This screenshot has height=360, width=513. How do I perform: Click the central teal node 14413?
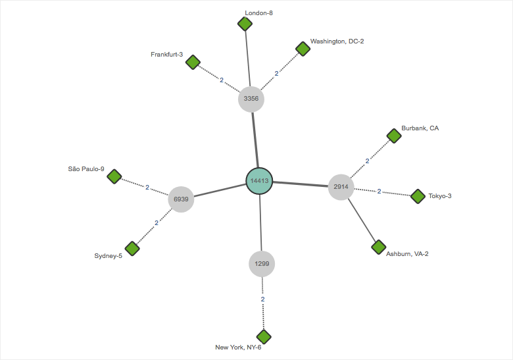click(x=259, y=181)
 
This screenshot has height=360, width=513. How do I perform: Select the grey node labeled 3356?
click(x=251, y=99)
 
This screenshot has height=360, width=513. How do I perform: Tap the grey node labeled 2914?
click(x=341, y=187)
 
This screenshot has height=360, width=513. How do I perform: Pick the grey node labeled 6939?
click(x=181, y=199)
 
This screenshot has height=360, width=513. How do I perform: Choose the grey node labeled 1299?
click(x=262, y=264)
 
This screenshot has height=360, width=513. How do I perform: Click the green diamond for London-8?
click(x=245, y=24)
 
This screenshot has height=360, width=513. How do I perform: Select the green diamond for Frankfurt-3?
click(x=193, y=63)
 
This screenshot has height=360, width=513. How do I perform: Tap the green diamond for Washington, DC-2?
click(x=303, y=49)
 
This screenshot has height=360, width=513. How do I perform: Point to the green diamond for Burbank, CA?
click(x=394, y=136)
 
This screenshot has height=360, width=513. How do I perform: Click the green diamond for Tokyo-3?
click(x=418, y=196)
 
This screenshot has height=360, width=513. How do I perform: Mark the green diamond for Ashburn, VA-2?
click(x=378, y=247)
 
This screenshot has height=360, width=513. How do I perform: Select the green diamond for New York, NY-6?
click(x=264, y=336)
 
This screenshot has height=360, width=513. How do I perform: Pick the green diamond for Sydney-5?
click(x=132, y=248)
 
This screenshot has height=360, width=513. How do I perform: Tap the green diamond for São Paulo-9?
click(x=114, y=176)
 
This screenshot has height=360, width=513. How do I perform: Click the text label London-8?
click(x=258, y=13)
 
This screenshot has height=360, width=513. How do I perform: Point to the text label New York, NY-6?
click(x=238, y=347)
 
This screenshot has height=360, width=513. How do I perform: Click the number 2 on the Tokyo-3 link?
click(x=379, y=192)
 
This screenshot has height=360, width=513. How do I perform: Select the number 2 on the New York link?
click(x=262, y=299)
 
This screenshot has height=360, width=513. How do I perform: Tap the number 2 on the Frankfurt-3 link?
click(x=222, y=80)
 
